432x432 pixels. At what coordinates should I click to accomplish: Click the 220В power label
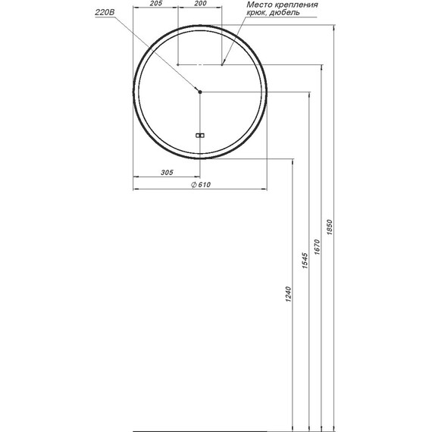[x=105, y=12]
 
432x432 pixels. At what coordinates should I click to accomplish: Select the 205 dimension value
[x=156, y=4]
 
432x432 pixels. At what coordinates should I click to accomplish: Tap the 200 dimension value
[x=200, y=4]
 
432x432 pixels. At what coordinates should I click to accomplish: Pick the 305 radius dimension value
[x=167, y=173]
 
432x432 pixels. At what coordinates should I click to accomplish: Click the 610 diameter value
[x=204, y=185]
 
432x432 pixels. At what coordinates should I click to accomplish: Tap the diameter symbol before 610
[x=194, y=185]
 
